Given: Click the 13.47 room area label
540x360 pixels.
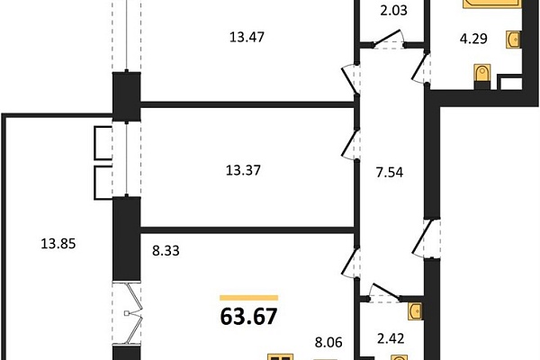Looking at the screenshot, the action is tap(247, 37).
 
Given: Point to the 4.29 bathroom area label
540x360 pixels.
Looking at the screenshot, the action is tap(473, 39).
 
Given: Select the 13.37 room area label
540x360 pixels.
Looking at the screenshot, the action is tap(243, 170).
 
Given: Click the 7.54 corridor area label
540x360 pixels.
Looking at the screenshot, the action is tap(390, 172).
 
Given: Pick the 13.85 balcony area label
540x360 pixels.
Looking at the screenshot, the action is tap(58, 244).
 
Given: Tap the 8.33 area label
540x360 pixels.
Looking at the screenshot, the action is tap(166, 251).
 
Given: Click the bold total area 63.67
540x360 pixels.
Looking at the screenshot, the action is tap(248, 317).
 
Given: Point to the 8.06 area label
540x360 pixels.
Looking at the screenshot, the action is tap(328, 342).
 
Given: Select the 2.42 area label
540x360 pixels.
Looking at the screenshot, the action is tap(391, 338).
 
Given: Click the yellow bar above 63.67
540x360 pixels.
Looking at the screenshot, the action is tap(249, 298).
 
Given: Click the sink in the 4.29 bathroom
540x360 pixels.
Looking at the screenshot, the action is tap(513, 40).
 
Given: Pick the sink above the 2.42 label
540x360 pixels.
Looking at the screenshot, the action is tap(415, 311).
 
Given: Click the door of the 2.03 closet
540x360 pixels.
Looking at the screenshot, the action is tap(388, 38).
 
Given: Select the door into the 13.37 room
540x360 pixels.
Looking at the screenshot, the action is tap(350, 145).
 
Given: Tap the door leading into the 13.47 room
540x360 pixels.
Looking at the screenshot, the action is tap(350, 78).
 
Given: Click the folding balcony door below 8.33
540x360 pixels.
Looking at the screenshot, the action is tap(132, 313).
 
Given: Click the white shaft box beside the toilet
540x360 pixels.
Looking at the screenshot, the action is tap(509, 83).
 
